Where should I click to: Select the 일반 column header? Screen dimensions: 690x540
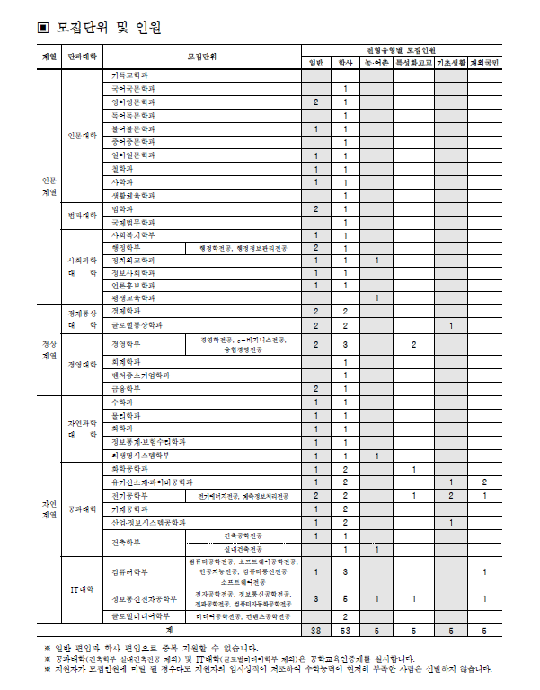(x=316, y=62)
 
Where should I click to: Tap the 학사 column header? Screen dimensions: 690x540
(x=346, y=62)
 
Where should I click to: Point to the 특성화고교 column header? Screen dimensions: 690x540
(x=413, y=62)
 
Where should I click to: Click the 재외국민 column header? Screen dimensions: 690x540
(x=484, y=62)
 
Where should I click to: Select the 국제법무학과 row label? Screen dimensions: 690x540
(x=132, y=222)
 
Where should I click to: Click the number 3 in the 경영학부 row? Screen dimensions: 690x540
(x=346, y=344)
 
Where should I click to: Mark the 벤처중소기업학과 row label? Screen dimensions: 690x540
(x=140, y=375)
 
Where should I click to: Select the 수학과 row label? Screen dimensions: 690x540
(x=120, y=402)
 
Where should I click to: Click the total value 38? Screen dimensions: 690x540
(x=316, y=632)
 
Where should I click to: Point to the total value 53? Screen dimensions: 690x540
(x=346, y=632)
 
